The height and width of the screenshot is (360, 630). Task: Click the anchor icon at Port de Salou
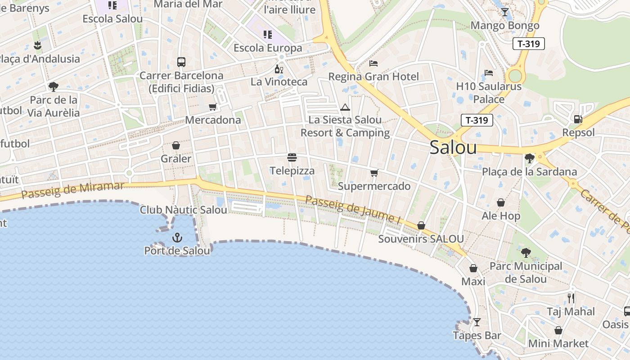177,237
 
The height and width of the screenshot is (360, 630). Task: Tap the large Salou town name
453,147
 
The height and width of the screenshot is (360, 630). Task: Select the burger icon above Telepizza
292,157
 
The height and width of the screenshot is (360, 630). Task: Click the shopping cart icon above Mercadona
213,107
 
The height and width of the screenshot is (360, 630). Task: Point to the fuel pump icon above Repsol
578,119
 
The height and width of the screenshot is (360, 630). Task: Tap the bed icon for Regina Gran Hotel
373,63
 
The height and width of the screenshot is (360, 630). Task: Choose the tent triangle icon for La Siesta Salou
345,107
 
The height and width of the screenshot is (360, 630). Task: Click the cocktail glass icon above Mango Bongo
505,12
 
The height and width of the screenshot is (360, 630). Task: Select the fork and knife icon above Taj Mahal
571,298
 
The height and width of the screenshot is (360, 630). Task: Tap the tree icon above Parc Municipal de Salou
526,252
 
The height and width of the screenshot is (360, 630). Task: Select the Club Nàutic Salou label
184,210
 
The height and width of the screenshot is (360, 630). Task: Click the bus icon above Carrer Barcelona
181,62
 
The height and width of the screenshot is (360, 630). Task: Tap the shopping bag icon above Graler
176,145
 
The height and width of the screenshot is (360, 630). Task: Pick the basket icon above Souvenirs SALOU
421,225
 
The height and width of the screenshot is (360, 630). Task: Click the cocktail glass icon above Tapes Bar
477,322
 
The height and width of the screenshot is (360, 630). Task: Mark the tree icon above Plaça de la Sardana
529,158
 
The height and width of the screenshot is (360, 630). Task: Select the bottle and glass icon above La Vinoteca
279,69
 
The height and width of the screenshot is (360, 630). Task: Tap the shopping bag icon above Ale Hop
501,202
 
